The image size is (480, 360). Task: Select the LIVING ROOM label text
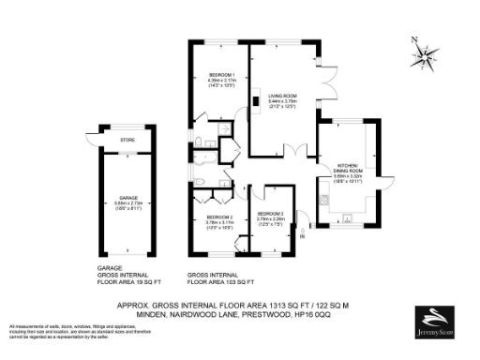(279, 95)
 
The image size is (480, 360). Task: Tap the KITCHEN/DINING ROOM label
(347, 169)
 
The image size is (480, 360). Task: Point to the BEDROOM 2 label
(219, 217)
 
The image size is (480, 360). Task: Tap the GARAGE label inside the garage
(127, 198)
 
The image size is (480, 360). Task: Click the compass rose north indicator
(424, 54)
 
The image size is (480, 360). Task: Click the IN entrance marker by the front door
(302, 237)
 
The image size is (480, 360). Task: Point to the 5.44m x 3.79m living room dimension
(279, 102)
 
